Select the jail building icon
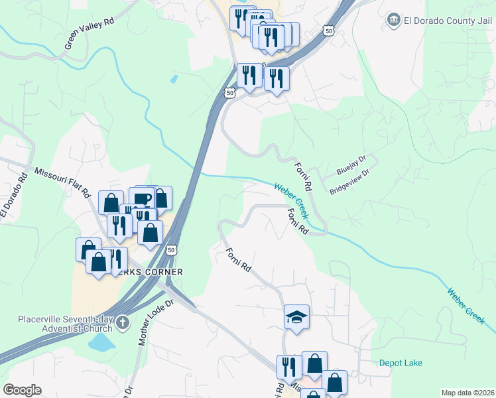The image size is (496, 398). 394,19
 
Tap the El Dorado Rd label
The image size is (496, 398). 13,194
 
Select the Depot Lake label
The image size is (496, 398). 401,363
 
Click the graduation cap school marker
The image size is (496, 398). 296,316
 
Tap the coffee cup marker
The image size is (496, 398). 141,198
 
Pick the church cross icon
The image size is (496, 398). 121,323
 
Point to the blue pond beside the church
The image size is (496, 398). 101,342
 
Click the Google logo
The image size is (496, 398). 22,390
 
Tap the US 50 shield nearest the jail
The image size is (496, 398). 328,30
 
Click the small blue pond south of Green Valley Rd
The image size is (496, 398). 174,80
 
